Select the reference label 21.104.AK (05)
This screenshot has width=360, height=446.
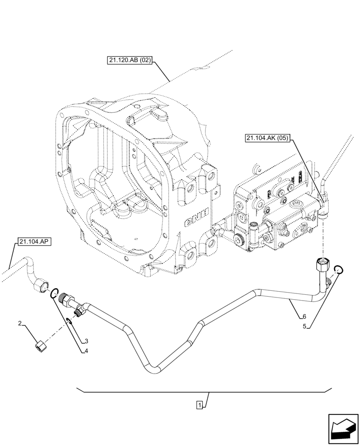(x=267, y=138)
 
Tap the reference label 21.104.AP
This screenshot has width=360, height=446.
(x=34, y=242)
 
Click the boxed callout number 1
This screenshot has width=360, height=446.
(x=200, y=405)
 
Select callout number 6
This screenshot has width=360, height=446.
(x=303, y=317)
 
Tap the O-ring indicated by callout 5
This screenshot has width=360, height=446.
(x=338, y=269)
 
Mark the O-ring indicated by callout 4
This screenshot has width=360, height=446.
(x=54, y=293)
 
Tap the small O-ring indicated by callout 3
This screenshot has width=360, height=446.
(x=69, y=320)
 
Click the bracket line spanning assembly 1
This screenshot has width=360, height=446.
(x=204, y=392)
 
